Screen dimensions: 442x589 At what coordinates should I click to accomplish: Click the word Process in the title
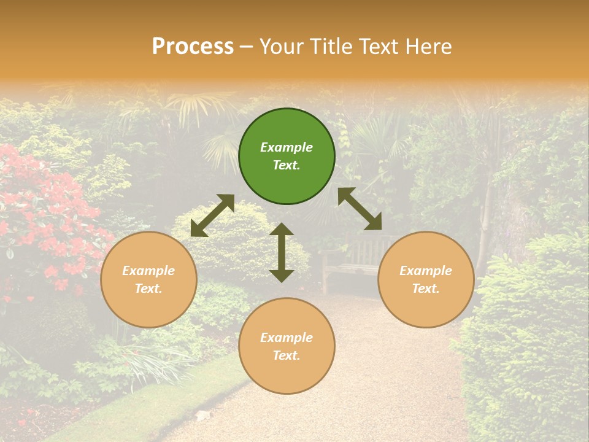pyautogui.click(x=193, y=47)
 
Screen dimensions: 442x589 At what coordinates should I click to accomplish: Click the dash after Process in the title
pyautogui.click(x=247, y=47)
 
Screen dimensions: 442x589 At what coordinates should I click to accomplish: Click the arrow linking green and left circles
pyautogui.click(x=212, y=215)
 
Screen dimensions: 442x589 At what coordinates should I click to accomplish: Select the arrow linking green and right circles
pyautogui.click(x=360, y=209)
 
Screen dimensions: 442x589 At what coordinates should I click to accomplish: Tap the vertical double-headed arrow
pyautogui.click(x=282, y=252)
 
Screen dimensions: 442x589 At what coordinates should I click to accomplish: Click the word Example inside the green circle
pyautogui.click(x=287, y=147)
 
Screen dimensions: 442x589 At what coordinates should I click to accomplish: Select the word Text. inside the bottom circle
pyautogui.click(x=287, y=355)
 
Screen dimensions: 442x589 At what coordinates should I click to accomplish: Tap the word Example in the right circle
pyautogui.click(x=426, y=271)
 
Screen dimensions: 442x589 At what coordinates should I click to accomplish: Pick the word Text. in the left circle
pyautogui.click(x=148, y=289)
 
